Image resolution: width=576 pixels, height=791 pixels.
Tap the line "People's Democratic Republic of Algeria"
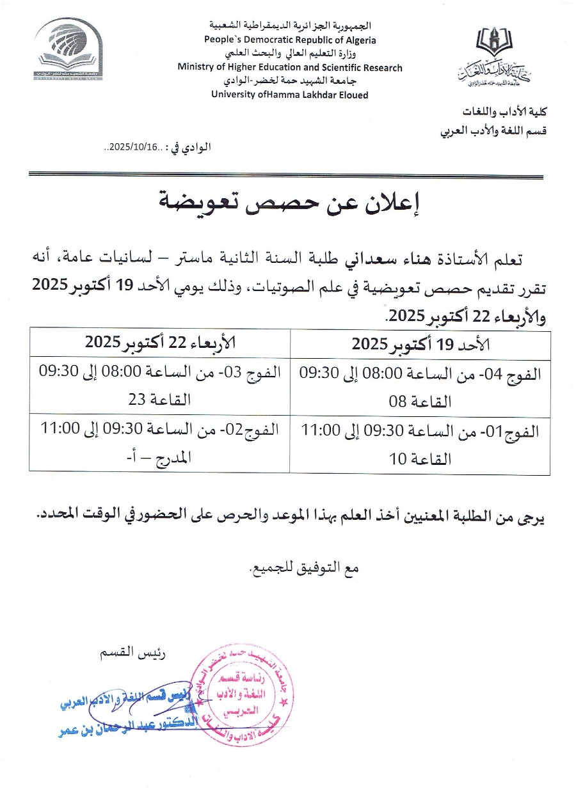pyautogui.click(x=290, y=40)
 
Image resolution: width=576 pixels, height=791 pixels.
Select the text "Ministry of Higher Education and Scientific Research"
pyautogui.click(x=290, y=67)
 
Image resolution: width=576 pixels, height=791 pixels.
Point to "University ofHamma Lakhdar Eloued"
pyautogui.click(x=290, y=95)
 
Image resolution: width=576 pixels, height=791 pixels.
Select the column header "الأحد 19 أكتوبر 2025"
pyautogui.click(x=420, y=344)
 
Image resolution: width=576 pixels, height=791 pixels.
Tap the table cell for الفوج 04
pyautogui.click(x=420, y=386)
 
